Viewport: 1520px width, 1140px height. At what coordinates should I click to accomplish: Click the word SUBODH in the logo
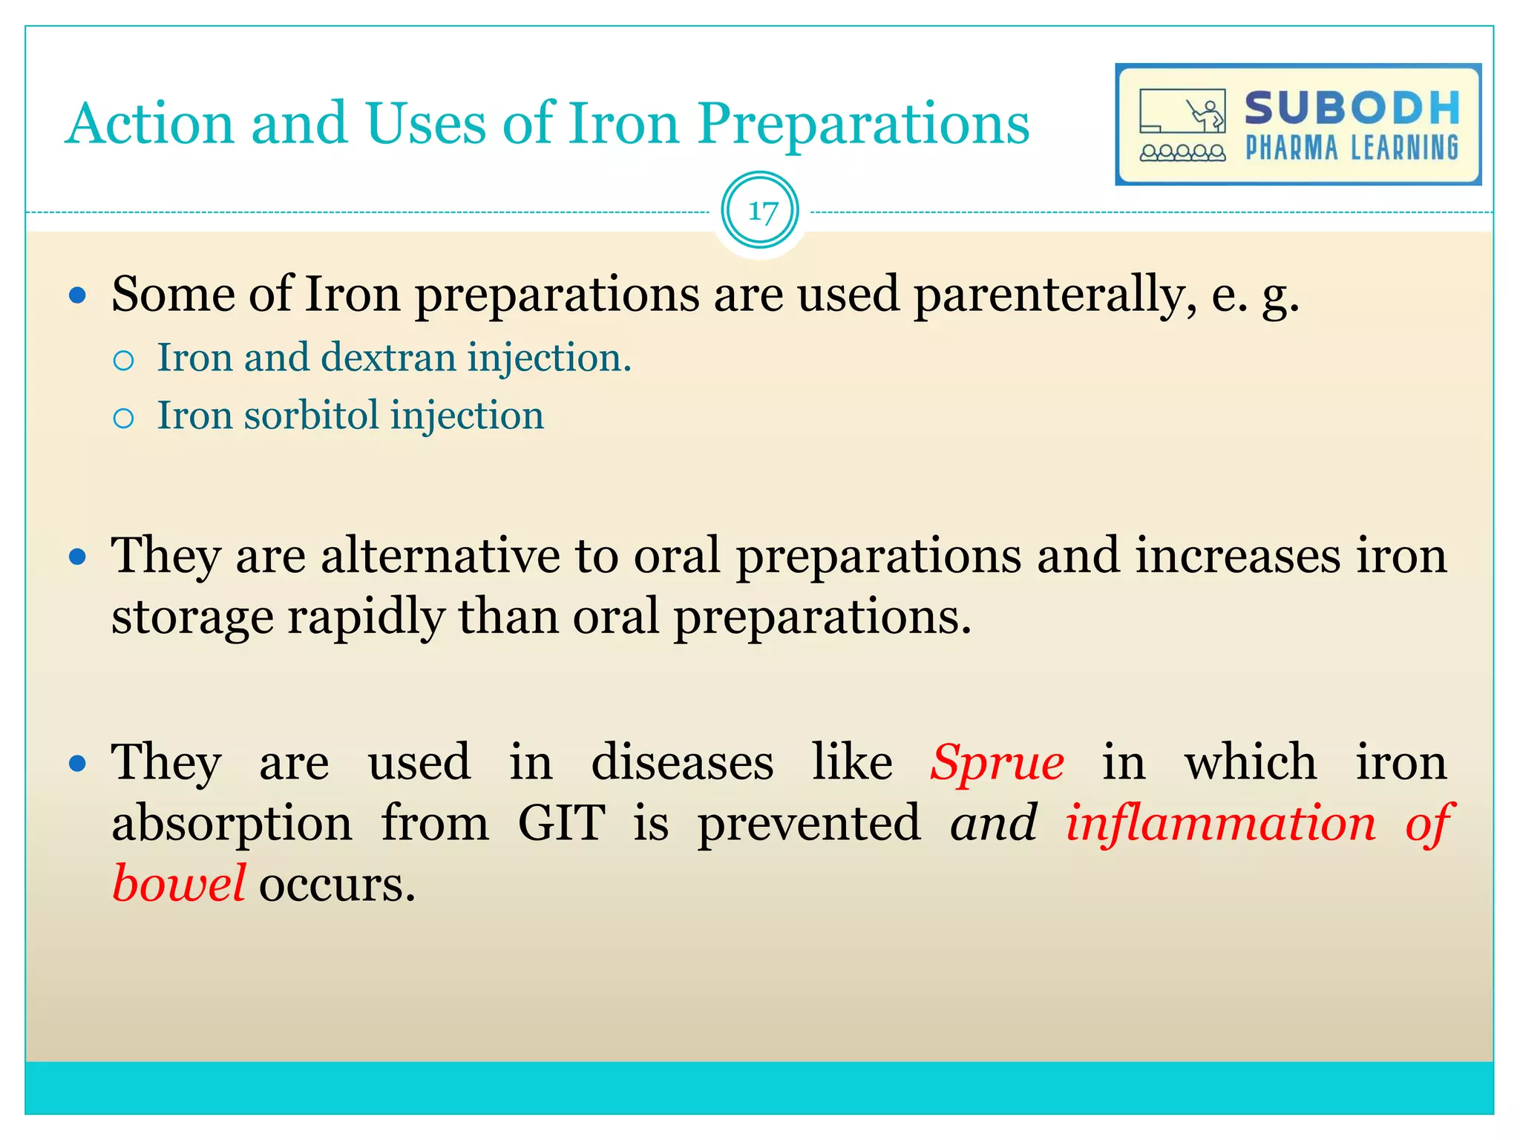coord(1352,108)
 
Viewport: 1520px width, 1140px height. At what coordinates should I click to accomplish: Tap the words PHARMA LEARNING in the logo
coord(1352,148)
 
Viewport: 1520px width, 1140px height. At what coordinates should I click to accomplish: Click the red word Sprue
coord(997,762)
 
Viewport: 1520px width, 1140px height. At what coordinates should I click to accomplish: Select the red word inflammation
coord(1220,823)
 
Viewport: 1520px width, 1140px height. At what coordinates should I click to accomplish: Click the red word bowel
coord(178,884)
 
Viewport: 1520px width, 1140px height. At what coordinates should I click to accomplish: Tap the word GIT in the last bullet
coord(561,823)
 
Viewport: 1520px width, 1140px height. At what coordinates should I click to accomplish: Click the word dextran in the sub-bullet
coord(388,358)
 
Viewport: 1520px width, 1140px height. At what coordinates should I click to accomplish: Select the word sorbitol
coord(312,416)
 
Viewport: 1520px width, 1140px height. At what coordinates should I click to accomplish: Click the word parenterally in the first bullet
coord(1054,295)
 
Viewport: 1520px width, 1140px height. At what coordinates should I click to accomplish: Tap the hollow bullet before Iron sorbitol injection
coord(124,419)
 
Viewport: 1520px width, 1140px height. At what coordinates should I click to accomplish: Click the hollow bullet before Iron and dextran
coord(124,361)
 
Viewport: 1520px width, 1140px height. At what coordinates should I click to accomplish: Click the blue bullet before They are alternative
coord(77,557)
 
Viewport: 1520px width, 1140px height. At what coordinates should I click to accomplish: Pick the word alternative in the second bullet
coord(440,556)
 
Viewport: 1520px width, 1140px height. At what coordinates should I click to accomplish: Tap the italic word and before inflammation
coord(993,823)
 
